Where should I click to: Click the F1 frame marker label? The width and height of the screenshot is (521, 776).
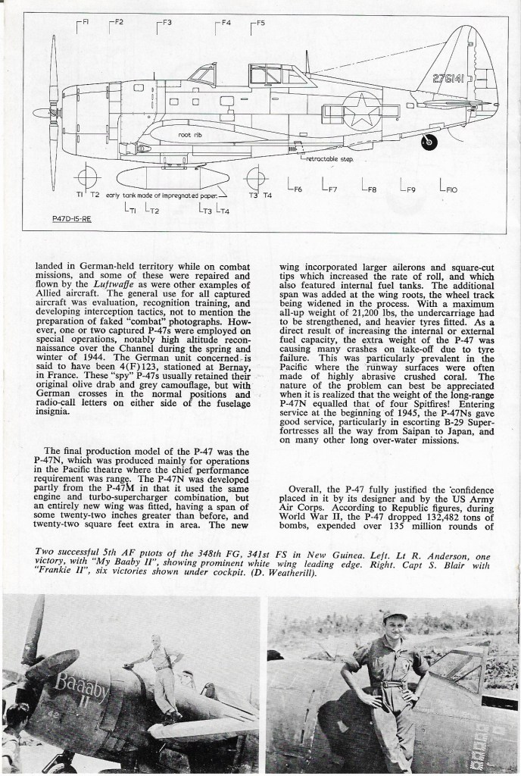[85, 22]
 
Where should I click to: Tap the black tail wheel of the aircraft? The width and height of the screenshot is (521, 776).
[429, 140]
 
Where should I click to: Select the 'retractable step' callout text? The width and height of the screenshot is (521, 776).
[328, 160]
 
